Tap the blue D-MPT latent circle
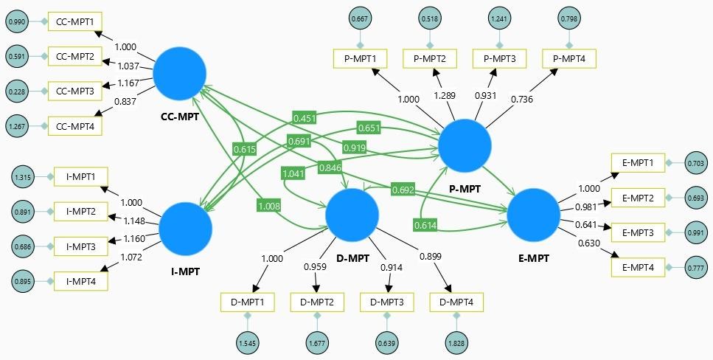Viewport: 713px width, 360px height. tap(352, 214)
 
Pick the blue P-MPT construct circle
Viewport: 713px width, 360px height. tap(465, 146)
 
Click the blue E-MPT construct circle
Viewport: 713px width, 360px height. tap(533, 215)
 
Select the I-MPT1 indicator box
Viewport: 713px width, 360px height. tap(82, 177)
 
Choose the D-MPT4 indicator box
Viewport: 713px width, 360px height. tap(456, 302)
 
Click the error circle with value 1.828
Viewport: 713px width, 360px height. tap(456, 342)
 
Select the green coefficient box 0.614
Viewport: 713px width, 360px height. tap(425, 224)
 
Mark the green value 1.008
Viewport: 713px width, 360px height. tap(269, 206)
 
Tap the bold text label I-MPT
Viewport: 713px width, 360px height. tap(185, 270)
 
